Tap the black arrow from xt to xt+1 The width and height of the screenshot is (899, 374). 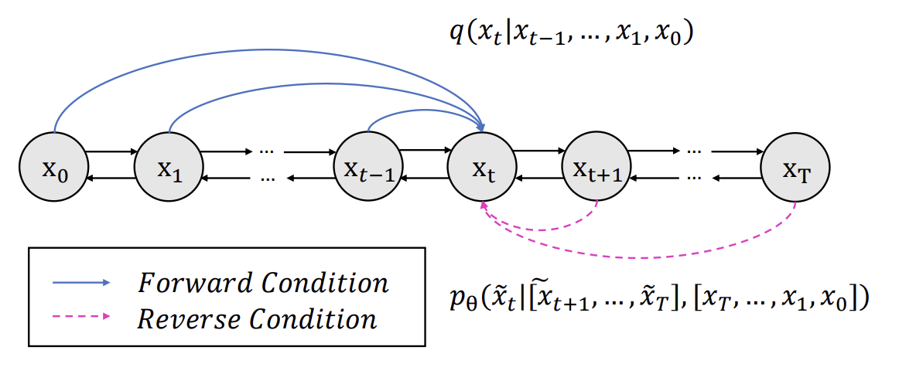click(539, 152)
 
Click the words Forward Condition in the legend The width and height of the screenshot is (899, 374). click(263, 283)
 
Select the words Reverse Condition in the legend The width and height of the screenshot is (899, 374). click(258, 318)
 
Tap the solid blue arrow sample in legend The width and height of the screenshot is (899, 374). click(81, 283)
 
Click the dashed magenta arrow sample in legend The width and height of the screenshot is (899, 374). click(81, 318)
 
